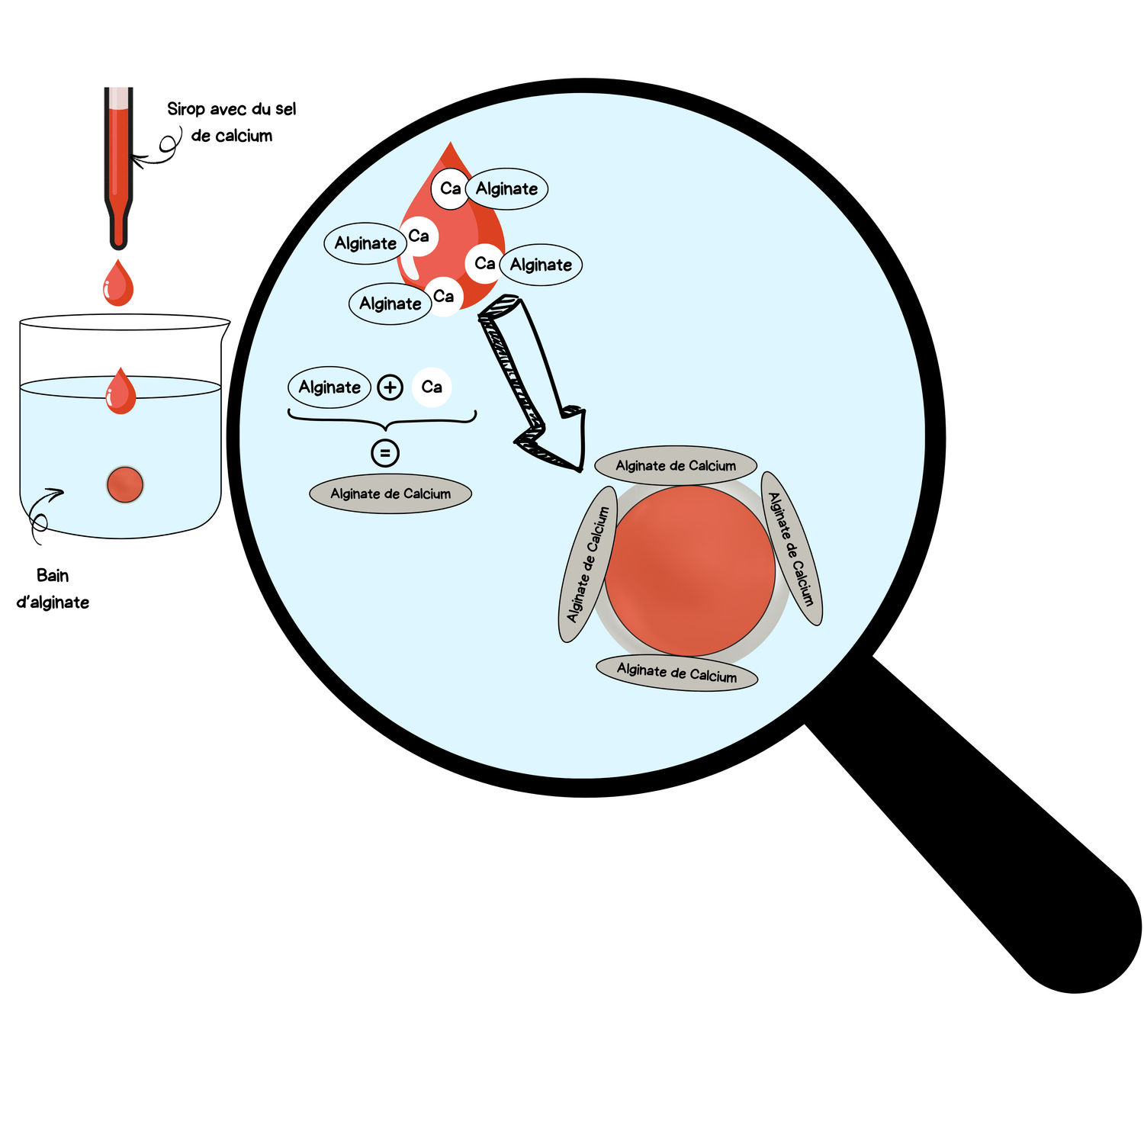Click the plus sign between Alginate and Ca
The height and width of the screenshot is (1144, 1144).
click(390, 387)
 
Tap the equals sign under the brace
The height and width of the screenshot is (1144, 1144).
click(385, 453)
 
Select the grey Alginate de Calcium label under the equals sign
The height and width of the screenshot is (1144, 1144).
click(390, 494)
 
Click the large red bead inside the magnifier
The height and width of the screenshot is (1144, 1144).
click(690, 570)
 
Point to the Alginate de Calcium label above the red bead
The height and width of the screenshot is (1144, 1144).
click(676, 465)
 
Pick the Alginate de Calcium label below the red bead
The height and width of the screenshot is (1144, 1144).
click(676, 673)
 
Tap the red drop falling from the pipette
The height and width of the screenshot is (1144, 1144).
click(118, 284)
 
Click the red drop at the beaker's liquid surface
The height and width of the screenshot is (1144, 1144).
click(121, 393)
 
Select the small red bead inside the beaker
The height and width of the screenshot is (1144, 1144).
click(125, 484)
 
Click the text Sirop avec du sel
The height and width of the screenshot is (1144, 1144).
click(232, 109)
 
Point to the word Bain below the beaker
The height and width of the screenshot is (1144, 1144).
click(53, 575)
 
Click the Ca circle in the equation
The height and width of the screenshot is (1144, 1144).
click(432, 387)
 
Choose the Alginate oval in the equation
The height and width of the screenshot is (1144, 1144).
click(329, 387)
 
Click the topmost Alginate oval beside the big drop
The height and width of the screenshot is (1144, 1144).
click(507, 189)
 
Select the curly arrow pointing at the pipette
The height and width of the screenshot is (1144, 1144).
click(160, 149)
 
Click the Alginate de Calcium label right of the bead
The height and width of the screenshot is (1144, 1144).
click(792, 549)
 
